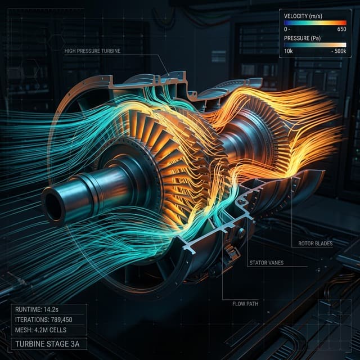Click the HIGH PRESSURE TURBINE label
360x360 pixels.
point(92,51)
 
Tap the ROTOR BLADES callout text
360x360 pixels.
point(315,244)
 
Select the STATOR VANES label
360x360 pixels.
point(266,263)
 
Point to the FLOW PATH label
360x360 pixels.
point(245,304)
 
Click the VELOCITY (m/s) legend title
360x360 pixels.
point(303,16)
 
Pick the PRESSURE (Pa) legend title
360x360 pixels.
point(302,38)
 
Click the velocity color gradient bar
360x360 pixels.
point(315,22)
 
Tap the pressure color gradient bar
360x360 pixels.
point(315,45)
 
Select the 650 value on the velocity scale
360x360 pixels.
point(341,29)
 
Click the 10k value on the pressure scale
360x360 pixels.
point(289,51)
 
